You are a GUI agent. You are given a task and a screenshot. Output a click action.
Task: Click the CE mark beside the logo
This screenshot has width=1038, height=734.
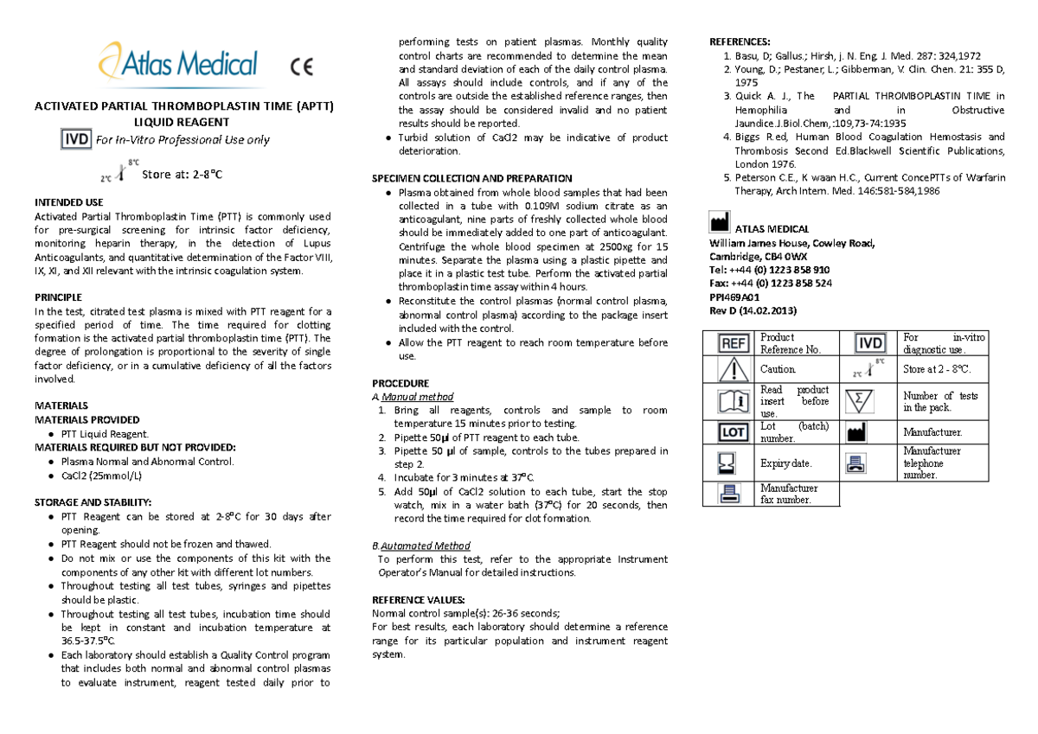pos(302,67)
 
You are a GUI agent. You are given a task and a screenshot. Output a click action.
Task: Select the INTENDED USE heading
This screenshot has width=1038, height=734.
pos(68,202)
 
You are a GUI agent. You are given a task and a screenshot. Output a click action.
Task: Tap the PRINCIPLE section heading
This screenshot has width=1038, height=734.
pos(58,297)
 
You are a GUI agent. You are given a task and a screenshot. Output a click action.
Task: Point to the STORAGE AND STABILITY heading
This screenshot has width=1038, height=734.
pos(93,502)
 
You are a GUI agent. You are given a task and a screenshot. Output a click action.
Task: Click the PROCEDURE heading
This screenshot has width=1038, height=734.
pos(400,383)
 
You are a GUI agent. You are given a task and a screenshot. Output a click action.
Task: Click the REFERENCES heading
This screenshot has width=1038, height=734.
pos(740,42)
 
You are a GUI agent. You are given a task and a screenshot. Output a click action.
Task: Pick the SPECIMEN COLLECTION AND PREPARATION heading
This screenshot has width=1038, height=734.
pos(471,178)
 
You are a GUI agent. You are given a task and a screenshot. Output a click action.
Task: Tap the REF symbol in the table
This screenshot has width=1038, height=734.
pos(734,343)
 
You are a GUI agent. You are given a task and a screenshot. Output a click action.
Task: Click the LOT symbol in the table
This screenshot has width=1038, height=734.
pos(734,431)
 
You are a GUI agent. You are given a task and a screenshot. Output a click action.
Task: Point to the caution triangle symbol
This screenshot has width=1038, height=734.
pos(734,370)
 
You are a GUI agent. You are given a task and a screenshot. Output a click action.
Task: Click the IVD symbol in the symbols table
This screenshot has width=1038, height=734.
pos(869,343)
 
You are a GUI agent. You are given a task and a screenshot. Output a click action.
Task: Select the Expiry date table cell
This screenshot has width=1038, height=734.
pos(785,463)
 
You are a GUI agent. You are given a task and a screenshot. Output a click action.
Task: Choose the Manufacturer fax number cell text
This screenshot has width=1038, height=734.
pos(789,494)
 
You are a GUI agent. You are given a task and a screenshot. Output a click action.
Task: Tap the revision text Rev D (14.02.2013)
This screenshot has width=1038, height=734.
pos(753,310)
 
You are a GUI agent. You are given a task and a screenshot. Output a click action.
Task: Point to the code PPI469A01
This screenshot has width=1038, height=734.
pos(734,297)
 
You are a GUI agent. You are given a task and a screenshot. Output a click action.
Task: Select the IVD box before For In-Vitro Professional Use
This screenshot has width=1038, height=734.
pos(77,139)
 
